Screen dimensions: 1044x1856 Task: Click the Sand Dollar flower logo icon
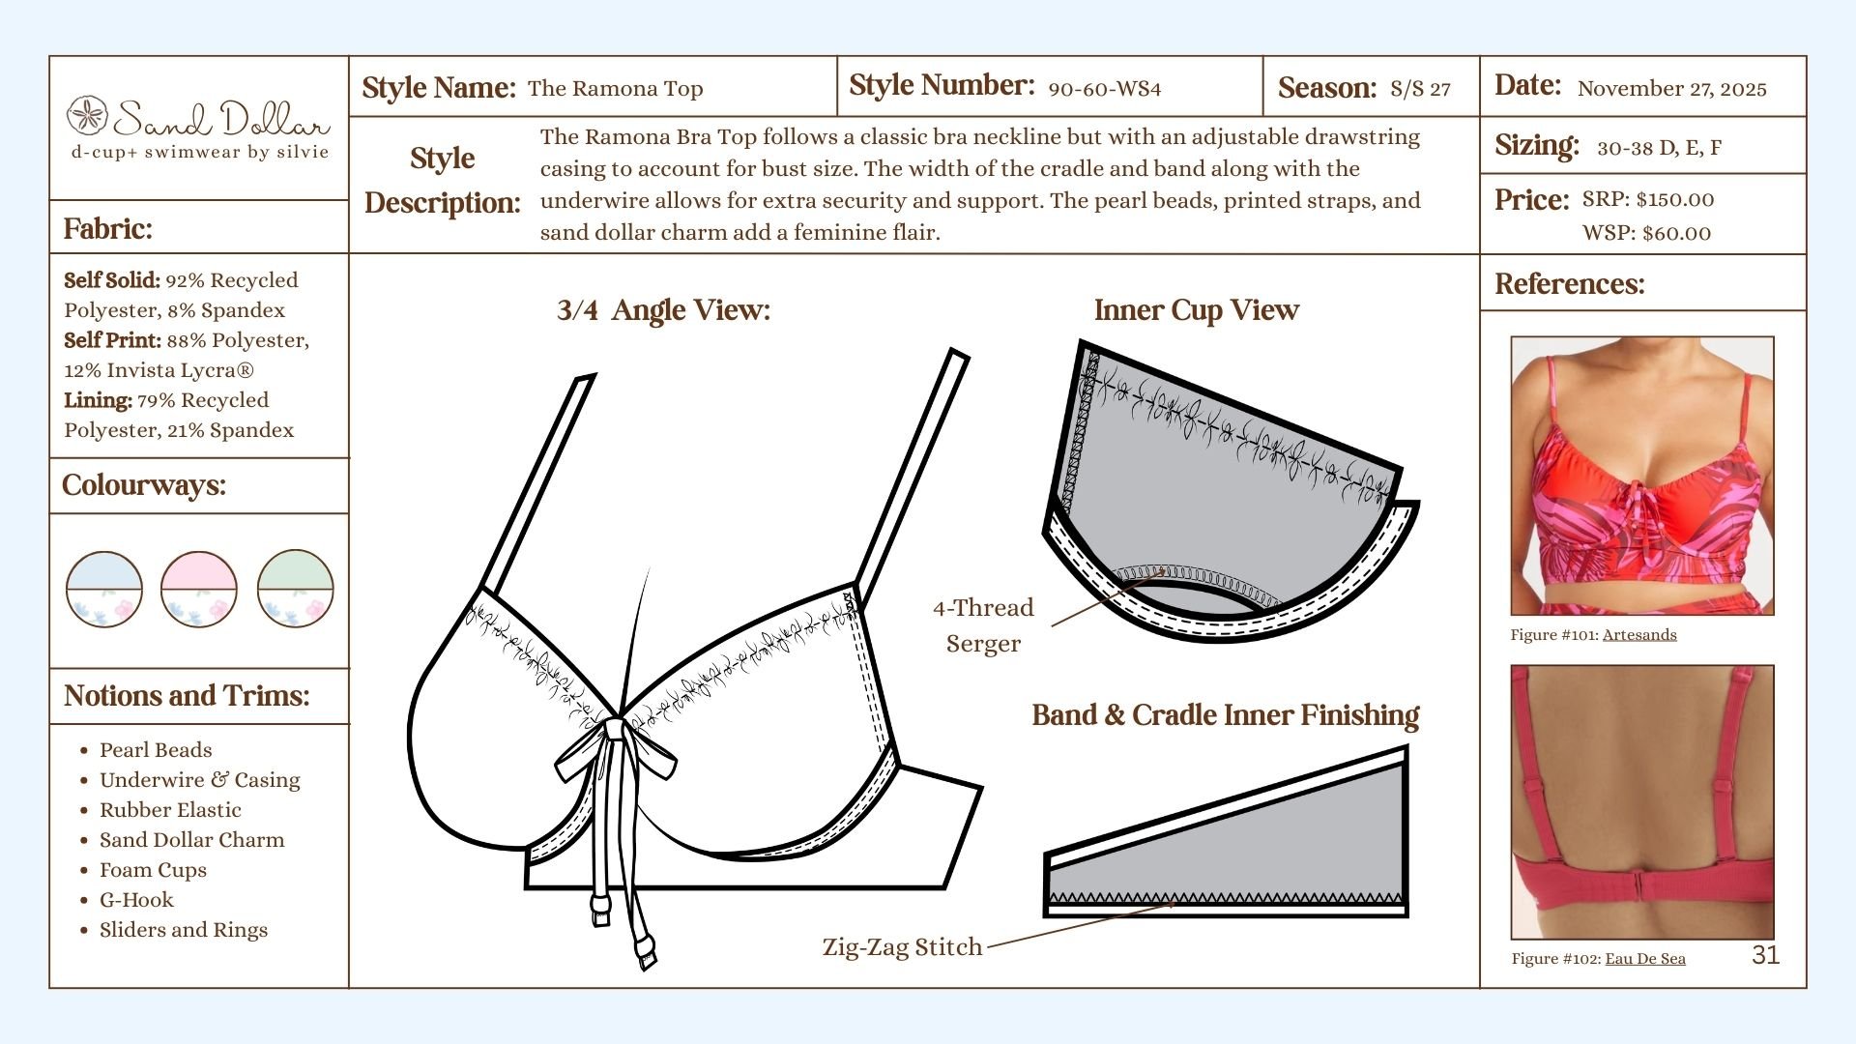click(x=87, y=115)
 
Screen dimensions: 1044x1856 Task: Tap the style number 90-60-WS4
click(x=1104, y=89)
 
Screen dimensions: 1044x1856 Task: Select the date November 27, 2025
click(x=1671, y=89)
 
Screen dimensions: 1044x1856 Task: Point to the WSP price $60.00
click(x=1675, y=233)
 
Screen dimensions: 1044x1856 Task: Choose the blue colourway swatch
click(x=104, y=589)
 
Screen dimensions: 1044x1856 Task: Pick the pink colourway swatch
click(x=199, y=589)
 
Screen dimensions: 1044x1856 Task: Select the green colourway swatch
click(x=295, y=589)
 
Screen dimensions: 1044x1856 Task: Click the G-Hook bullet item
click(x=136, y=900)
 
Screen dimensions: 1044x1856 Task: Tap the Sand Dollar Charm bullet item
click(x=191, y=840)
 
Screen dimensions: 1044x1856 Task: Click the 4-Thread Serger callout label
click(x=983, y=624)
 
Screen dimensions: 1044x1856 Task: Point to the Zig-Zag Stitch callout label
click(x=902, y=947)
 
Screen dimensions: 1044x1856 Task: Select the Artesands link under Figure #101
click(x=1639, y=635)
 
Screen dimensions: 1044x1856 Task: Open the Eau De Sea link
click(x=1645, y=959)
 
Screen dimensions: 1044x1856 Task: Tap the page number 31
click(x=1765, y=955)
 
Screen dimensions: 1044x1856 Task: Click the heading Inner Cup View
click(x=1196, y=310)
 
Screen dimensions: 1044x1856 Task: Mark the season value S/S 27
click(x=1420, y=89)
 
